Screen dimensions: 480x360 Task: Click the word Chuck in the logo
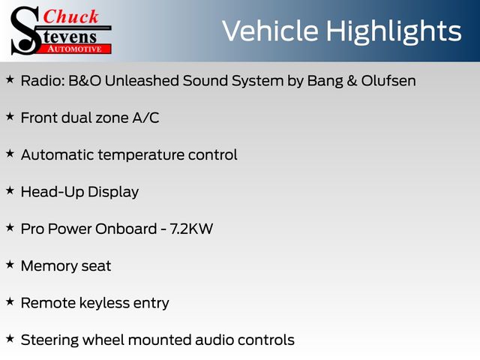coord(70,16)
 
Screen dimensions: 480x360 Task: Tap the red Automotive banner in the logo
coord(74,49)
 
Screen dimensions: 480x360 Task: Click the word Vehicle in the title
coord(270,31)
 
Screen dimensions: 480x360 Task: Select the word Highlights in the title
coord(394,32)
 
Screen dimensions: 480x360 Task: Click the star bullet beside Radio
coord(10,79)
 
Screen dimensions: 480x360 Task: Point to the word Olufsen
coord(388,81)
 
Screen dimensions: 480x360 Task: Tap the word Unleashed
coord(142,81)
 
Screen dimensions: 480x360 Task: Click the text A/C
coord(145,118)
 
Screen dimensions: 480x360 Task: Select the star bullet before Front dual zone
coord(10,117)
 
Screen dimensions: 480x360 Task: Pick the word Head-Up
coord(52,192)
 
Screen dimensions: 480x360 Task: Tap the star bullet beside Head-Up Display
coord(10,190)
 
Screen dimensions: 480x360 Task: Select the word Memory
coord(49,266)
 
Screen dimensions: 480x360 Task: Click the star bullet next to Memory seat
coord(10,265)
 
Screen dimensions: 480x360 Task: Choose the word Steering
coord(49,340)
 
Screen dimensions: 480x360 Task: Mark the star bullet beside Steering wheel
coord(10,339)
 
